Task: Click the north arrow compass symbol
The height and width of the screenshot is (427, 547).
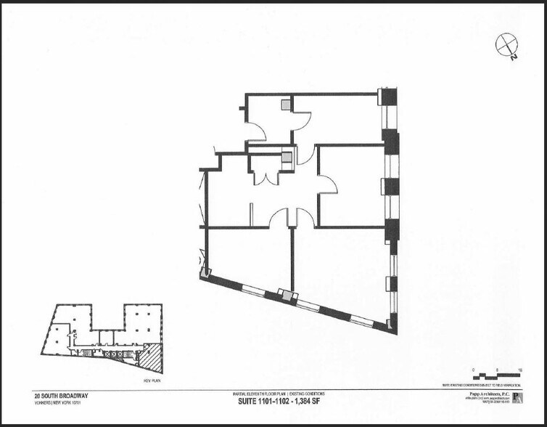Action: (x=505, y=45)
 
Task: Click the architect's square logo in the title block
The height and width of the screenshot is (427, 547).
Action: (x=517, y=398)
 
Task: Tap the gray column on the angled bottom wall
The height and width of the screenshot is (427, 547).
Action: (x=287, y=296)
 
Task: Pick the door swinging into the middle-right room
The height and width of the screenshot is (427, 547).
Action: (x=327, y=184)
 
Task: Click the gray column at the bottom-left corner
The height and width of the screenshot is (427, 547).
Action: (x=205, y=274)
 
